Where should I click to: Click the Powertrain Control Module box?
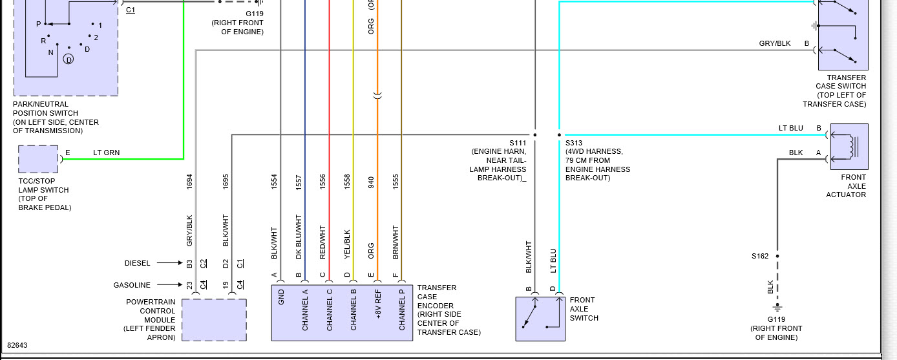[214, 319]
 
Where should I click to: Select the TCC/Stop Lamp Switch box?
[38, 159]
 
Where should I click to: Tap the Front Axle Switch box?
[540, 319]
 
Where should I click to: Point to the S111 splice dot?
[535, 135]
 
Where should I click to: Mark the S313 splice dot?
[559, 135]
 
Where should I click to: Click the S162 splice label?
[760, 257]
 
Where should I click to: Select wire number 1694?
[190, 181]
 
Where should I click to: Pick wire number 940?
[372, 182]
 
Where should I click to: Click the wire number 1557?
[299, 182]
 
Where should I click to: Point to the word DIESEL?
[137, 263]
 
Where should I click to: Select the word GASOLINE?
[132, 285]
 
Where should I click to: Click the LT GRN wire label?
[106, 153]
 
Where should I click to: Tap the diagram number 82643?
[17, 346]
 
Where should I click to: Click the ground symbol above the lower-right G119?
[777, 308]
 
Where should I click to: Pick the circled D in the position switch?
[69, 59]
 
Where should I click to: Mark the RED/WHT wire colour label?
[322, 242]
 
